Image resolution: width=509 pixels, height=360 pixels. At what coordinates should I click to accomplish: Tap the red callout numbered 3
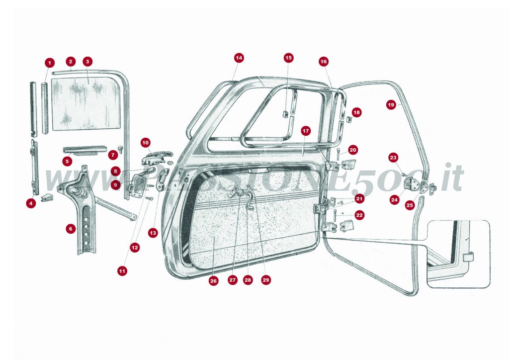(87, 62)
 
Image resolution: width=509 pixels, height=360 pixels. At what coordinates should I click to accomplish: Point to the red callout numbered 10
(146, 143)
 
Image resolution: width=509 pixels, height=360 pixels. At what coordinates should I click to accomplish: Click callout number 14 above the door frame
(239, 58)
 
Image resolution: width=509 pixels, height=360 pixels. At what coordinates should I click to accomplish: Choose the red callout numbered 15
(289, 58)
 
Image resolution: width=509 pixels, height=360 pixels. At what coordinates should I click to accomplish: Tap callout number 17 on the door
(306, 131)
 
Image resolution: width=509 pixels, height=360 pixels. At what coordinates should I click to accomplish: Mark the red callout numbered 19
(391, 105)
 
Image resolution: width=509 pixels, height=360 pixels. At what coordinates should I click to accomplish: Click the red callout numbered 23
(393, 158)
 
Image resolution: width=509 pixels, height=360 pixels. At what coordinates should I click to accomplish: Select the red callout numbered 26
(213, 281)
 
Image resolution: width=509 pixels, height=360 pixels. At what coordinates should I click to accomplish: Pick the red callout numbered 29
(265, 280)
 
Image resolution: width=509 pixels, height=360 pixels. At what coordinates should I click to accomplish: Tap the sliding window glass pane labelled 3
(87, 102)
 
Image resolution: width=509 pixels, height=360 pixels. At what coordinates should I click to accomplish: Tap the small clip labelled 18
(349, 119)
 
